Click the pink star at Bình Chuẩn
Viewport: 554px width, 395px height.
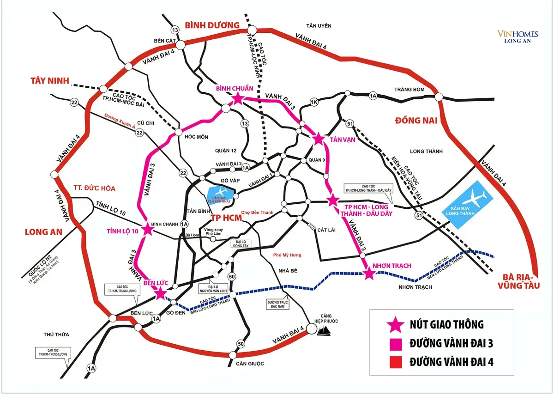pyautogui.click(x=237, y=98)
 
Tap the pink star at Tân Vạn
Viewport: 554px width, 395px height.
pyautogui.click(x=318, y=139)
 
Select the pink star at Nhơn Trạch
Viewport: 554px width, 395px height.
pyautogui.click(x=369, y=274)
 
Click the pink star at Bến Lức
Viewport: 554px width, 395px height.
pyautogui.click(x=160, y=293)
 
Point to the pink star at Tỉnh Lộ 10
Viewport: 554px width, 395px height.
pyautogui.click(x=148, y=229)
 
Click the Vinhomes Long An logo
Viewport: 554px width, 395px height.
pyautogui.click(x=514, y=36)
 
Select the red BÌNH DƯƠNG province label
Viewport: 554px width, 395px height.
pyautogui.click(x=212, y=25)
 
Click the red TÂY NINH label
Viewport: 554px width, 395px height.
pyautogui.click(x=49, y=81)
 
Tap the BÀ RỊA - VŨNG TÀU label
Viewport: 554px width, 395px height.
pyautogui.click(x=525, y=282)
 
